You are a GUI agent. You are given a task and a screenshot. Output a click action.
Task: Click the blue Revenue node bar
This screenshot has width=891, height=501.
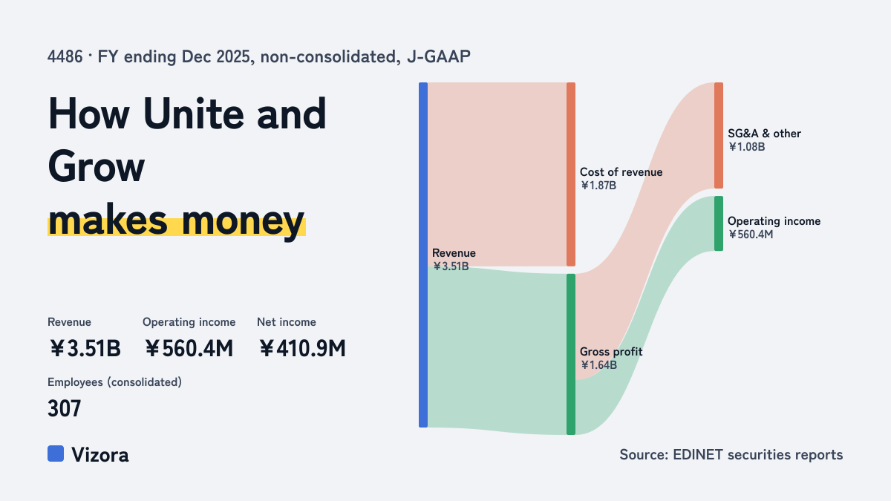click(x=423, y=255)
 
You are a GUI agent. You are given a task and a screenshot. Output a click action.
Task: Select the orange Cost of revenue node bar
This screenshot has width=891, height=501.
click(x=571, y=174)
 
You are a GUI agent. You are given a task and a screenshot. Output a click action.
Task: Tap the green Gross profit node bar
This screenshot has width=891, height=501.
click(x=571, y=354)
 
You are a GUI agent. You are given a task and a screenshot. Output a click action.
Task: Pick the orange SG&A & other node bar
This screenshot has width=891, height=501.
click(x=719, y=135)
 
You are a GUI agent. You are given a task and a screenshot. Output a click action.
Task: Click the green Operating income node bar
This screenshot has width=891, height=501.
click(x=719, y=223)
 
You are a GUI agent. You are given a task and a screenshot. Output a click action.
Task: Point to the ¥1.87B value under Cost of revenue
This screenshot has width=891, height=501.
click(x=598, y=186)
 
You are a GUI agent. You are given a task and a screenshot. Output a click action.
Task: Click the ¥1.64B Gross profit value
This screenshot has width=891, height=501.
click(x=598, y=364)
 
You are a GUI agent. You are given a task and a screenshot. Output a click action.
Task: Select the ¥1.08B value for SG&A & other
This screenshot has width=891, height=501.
click(x=747, y=147)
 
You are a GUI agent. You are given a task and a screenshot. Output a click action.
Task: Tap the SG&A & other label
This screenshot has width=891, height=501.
click(x=764, y=133)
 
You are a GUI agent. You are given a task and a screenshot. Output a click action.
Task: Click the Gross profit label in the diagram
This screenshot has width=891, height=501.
click(x=611, y=352)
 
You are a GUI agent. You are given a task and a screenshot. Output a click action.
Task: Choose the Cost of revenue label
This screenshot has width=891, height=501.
click(x=621, y=171)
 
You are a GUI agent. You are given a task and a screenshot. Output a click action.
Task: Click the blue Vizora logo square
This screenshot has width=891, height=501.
click(x=56, y=453)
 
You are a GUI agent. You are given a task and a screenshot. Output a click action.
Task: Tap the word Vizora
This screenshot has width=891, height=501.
click(x=99, y=454)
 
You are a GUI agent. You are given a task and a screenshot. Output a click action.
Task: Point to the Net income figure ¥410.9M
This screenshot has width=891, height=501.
click(x=302, y=348)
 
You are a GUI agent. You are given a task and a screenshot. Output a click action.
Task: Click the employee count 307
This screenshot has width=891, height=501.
click(x=64, y=408)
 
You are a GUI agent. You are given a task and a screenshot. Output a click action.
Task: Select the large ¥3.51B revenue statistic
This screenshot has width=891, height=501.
click(x=85, y=348)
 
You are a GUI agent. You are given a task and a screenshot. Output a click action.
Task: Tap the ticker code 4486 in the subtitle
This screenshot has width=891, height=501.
click(x=65, y=56)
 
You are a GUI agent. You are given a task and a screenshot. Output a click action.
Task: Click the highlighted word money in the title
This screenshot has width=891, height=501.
click(x=243, y=221)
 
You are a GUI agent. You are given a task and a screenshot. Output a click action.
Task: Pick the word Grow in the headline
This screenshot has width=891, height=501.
click(x=96, y=166)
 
